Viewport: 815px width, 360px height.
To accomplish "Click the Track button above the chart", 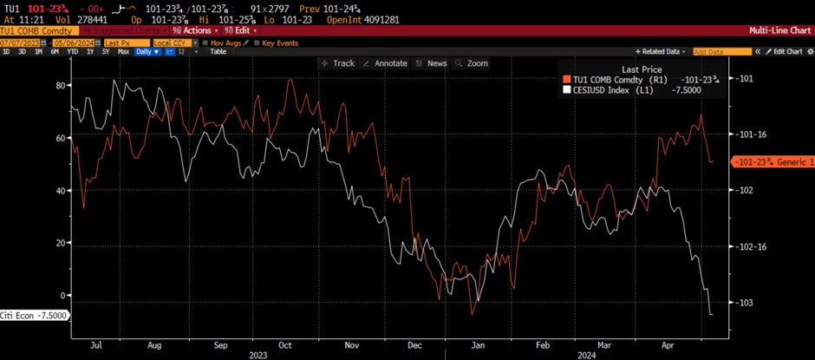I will pyautogui.click(x=338, y=63).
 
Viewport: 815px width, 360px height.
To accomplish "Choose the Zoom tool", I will pyautogui.click(x=473, y=63).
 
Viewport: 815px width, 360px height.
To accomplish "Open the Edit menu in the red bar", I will pyautogui.click(x=245, y=30).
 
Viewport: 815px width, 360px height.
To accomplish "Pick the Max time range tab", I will pyautogui.click(x=123, y=52).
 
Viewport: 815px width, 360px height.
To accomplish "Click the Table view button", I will pyautogui.click(x=218, y=52).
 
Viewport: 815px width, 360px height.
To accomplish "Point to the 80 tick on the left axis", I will pyautogui.click(x=61, y=85).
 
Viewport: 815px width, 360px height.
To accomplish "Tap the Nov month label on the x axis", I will pyautogui.click(x=352, y=344).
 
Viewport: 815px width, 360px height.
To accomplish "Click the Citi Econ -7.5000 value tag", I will pyautogui.click(x=32, y=315).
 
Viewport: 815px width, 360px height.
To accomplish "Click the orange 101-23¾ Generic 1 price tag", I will pyautogui.click(x=772, y=161).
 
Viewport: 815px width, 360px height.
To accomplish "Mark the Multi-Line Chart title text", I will pyautogui.click(x=779, y=30).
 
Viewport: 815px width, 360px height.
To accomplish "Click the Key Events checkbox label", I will pyautogui.click(x=280, y=42).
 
